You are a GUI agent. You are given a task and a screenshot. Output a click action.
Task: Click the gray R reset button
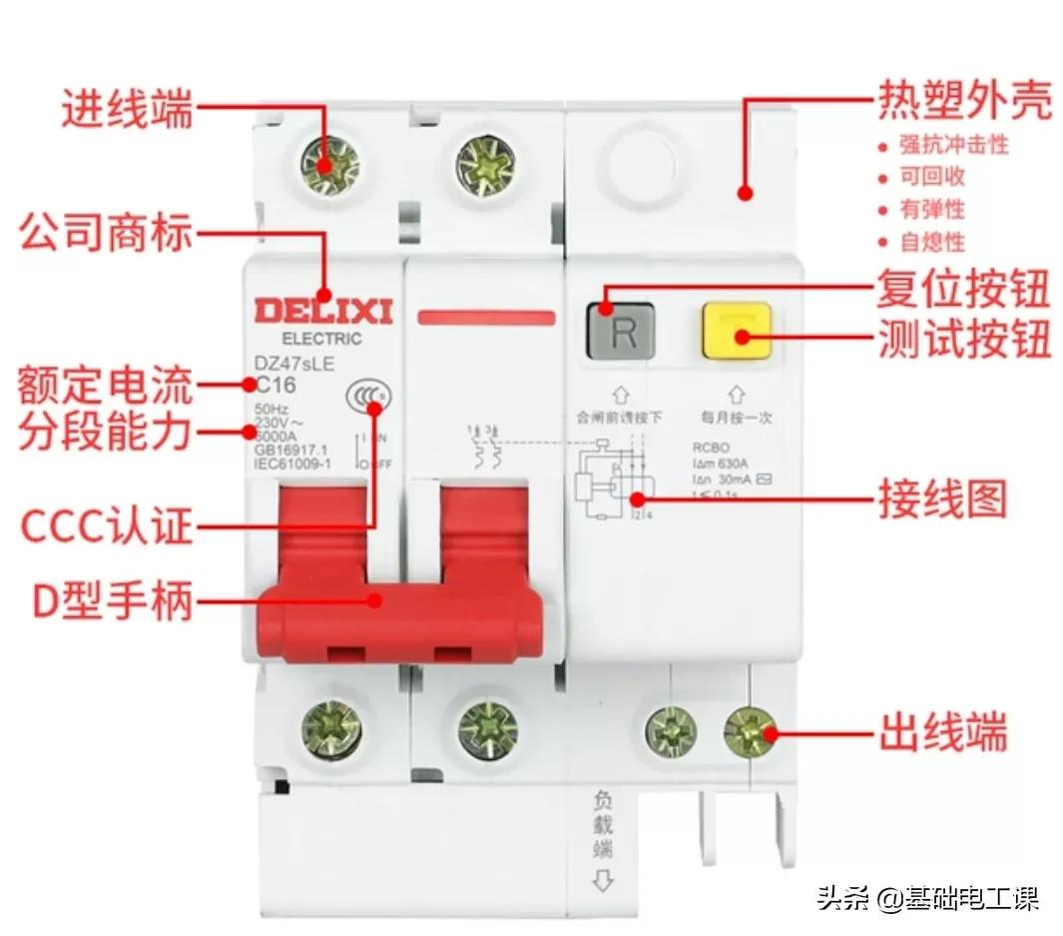[x=621, y=331]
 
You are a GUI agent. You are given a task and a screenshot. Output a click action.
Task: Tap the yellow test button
[x=737, y=332]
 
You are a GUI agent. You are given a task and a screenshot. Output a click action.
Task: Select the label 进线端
[x=127, y=108]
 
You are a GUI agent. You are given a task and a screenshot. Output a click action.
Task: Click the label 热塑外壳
[x=964, y=101]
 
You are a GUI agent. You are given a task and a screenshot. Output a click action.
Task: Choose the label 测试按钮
[x=964, y=340]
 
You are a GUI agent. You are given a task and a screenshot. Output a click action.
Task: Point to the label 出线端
[x=942, y=732]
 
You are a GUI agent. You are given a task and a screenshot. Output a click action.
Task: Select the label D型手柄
[x=112, y=601]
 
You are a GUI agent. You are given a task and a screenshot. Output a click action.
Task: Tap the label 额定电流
[x=105, y=384]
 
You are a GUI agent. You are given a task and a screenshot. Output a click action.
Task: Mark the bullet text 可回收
[x=933, y=178]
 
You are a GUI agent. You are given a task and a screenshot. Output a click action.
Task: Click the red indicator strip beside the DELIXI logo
[x=486, y=318]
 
